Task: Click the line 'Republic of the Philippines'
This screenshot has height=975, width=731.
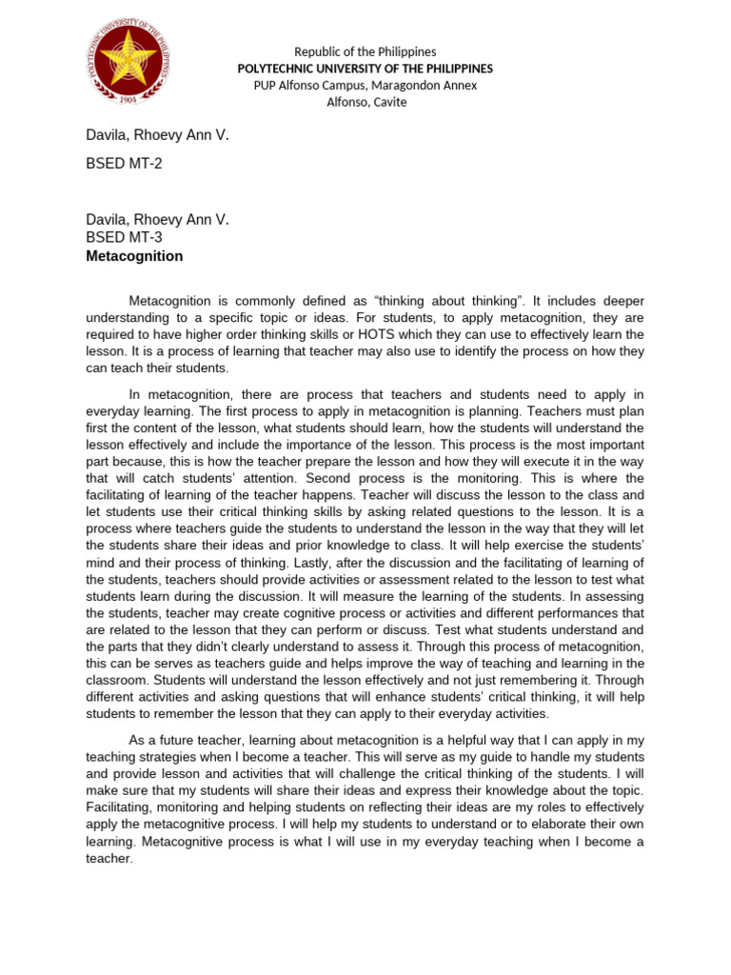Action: [x=365, y=51]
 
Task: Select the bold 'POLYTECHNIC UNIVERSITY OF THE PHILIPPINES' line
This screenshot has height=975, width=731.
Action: [x=365, y=69]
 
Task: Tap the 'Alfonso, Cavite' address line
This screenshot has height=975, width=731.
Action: [x=365, y=103]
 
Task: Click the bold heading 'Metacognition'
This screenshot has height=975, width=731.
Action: [x=134, y=256]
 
